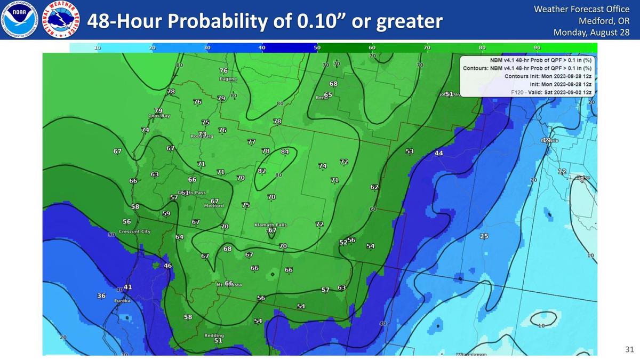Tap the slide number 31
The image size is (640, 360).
(x=629, y=349)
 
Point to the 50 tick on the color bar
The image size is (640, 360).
(x=317, y=48)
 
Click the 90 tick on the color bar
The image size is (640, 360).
(x=537, y=48)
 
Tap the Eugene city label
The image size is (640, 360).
(x=228, y=79)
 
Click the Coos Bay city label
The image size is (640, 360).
(x=158, y=116)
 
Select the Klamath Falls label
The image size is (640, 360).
(x=270, y=225)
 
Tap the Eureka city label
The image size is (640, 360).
(x=123, y=301)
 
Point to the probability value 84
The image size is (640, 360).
(x=285, y=152)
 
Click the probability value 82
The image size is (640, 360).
(x=262, y=171)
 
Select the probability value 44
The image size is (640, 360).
(x=439, y=153)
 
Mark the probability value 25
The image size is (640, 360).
(x=484, y=236)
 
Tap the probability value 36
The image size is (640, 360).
(x=101, y=295)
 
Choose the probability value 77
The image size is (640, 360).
(x=251, y=141)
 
